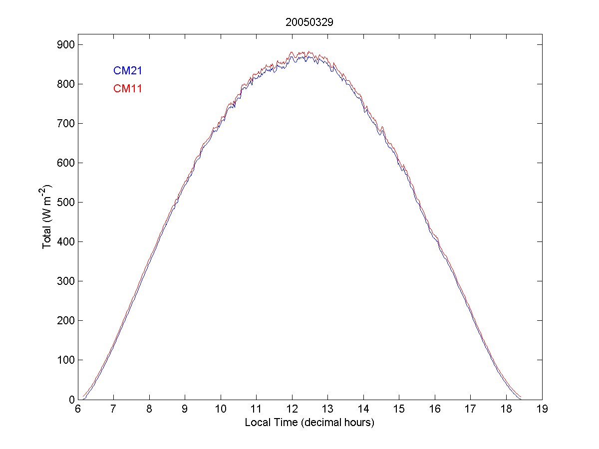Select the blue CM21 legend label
coord(128,71)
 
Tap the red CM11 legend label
coord(128,89)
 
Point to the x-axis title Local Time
coord(309,423)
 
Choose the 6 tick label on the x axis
coord(78,409)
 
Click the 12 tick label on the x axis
coord(292,409)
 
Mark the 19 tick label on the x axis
coord(542,409)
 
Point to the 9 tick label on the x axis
coord(185,409)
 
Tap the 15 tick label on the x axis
coord(399,409)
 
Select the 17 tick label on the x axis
coord(471,409)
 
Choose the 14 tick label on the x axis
coord(363,409)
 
